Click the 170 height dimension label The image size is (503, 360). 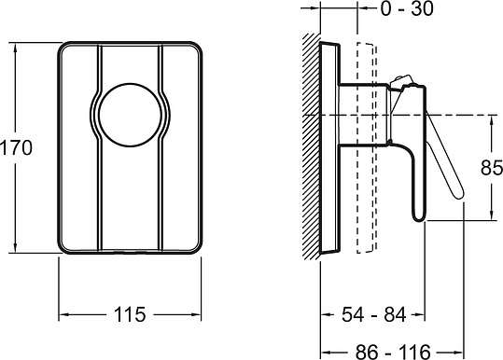pos(16,147)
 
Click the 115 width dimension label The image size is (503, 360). pos(130,314)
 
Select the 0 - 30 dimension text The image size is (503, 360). pos(407,8)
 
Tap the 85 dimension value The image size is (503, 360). pos(492,167)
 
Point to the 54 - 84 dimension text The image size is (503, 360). pos(373,314)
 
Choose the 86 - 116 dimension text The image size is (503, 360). pos(393,352)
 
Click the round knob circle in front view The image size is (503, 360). pos(130,115)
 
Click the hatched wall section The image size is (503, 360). pos(312,146)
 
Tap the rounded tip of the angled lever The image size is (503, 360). pos(458,193)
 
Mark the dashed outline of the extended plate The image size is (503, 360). pos(367,147)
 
